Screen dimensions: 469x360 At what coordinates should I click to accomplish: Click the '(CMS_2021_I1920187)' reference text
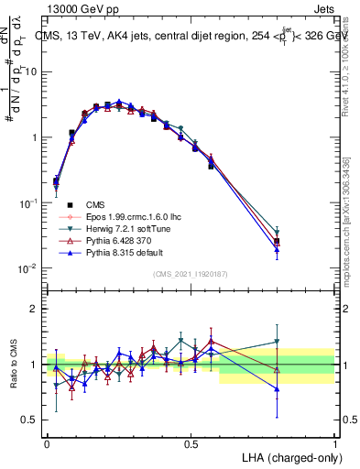190,274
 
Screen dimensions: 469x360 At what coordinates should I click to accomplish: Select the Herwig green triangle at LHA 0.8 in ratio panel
277,343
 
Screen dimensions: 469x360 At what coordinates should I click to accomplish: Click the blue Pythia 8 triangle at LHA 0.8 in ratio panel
277,389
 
